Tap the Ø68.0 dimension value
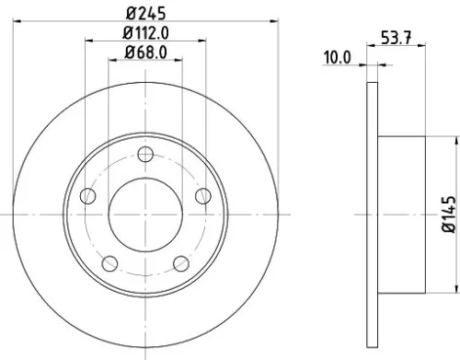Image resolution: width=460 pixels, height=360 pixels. [x=146, y=52]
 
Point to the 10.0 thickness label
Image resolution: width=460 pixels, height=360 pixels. [x=338, y=57]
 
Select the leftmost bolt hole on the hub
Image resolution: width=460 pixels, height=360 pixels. [x=89, y=195]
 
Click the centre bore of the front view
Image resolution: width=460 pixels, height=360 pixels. [x=146, y=215]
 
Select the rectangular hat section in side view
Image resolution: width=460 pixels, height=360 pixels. [x=401, y=215]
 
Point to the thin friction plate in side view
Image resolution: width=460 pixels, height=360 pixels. [x=372, y=215]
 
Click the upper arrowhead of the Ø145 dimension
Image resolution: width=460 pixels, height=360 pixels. [x=454, y=141]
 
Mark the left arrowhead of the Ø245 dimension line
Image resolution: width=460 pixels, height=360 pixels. [x=19, y=22]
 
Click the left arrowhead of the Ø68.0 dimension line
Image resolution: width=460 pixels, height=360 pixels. [x=113, y=62]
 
